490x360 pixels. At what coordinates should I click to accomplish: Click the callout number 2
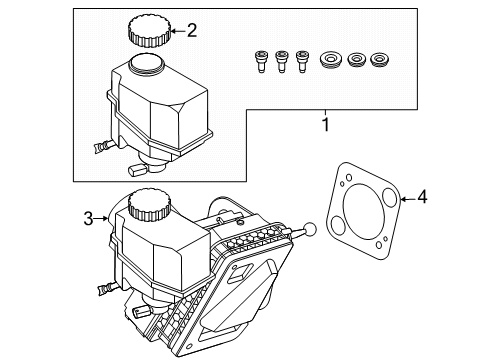(x=192, y=31)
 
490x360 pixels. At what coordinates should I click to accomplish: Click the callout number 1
(x=326, y=125)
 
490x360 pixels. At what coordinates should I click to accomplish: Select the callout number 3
(x=88, y=219)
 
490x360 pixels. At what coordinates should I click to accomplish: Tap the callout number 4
(x=422, y=197)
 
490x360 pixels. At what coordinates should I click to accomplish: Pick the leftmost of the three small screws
(x=261, y=61)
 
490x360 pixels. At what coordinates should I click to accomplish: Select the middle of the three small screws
(x=281, y=61)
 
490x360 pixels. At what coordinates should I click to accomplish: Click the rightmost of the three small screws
(x=302, y=61)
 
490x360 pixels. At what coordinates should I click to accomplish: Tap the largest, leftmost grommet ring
(x=331, y=60)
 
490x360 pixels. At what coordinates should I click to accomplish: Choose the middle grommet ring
(x=356, y=60)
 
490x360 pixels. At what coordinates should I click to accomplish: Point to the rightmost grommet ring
(x=380, y=60)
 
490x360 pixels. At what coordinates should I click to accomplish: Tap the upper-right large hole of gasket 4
(x=390, y=196)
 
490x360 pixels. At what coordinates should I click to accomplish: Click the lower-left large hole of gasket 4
(x=338, y=225)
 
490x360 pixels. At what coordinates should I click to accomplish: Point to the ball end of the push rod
(x=310, y=229)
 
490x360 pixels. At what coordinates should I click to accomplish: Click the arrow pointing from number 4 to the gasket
(x=408, y=199)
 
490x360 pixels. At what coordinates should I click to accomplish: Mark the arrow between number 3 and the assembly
(x=101, y=219)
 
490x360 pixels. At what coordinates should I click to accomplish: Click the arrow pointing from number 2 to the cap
(x=178, y=31)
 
